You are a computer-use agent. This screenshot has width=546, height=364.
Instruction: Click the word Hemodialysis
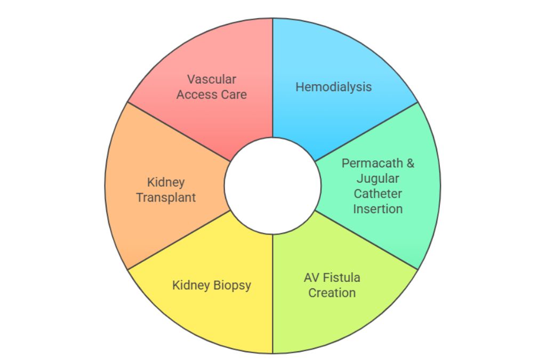click(333, 87)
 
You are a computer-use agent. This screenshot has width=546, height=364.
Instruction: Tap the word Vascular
click(212, 79)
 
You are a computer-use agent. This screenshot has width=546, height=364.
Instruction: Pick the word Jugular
click(378, 178)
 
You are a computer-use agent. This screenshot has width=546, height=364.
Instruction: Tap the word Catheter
click(378, 193)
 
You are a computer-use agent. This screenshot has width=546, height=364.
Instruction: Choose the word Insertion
click(378, 208)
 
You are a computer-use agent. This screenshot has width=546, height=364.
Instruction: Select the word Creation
click(332, 293)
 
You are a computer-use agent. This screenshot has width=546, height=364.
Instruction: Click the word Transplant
click(166, 197)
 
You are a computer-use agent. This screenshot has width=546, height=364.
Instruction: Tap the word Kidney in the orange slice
click(166, 182)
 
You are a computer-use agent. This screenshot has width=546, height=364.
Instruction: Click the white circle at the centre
click(272, 185)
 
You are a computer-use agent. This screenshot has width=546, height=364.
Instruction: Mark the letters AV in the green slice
click(311, 278)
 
